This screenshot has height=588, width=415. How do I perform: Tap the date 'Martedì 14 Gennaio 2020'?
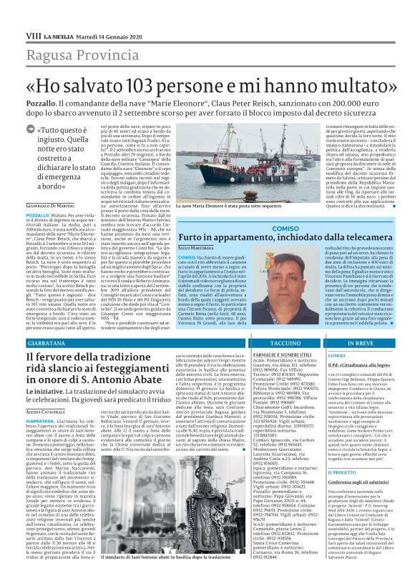(107, 16)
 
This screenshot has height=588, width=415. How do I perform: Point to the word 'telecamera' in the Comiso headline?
(354, 237)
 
